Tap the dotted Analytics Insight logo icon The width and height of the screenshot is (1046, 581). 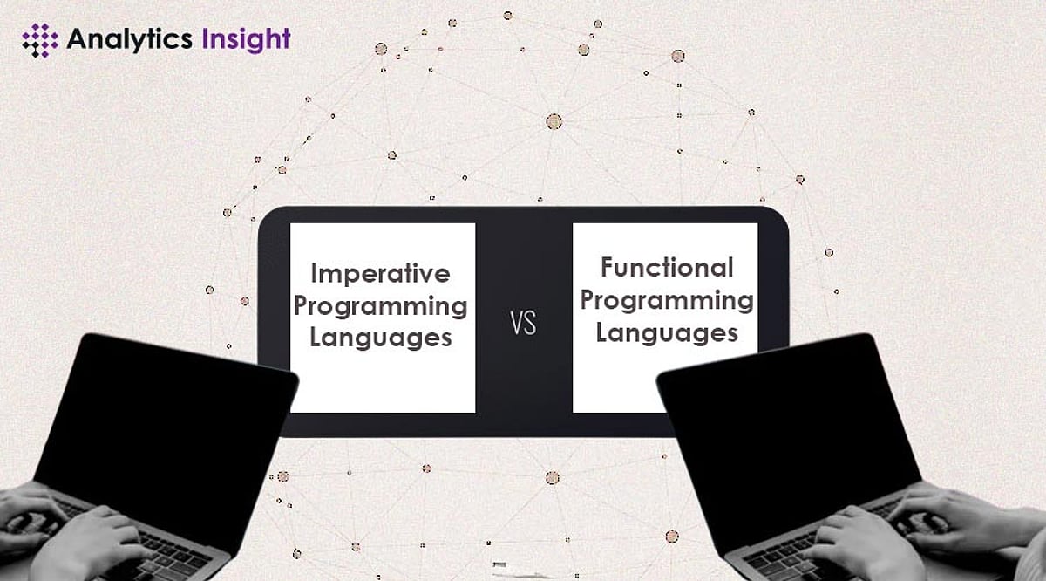point(39,40)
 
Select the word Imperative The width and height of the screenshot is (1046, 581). point(380,274)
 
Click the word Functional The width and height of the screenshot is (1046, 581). point(667,267)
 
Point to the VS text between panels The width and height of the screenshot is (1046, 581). point(523,325)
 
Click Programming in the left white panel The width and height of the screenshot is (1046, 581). point(380,306)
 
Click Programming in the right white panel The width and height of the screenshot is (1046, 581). point(667,300)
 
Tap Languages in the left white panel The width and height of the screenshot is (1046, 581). point(380,338)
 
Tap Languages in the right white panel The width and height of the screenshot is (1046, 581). point(667,332)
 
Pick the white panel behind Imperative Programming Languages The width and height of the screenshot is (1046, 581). point(382,384)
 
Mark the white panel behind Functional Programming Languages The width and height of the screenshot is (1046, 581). point(664,384)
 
